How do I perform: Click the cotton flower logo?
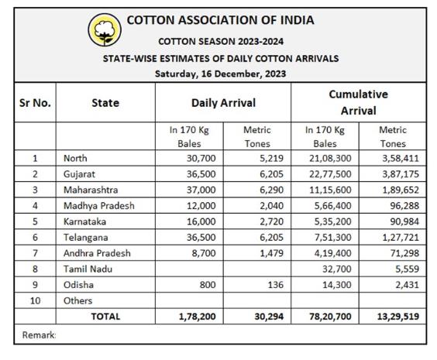[x=105, y=29]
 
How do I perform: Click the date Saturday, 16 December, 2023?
[x=221, y=74]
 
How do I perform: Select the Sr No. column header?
[x=35, y=103]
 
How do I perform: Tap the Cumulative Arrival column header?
[x=359, y=102]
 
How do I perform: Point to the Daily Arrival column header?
[x=223, y=103]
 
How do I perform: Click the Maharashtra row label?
[x=91, y=190]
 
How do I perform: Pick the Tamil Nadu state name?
[x=88, y=269]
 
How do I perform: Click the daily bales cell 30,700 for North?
[x=201, y=158]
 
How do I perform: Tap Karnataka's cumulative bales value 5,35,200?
[x=332, y=221]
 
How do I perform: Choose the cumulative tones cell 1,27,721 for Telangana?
[x=401, y=237]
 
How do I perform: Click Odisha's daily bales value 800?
[x=208, y=285]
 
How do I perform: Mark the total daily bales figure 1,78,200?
[x=197, y=317]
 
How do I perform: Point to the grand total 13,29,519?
[x=398, y=317]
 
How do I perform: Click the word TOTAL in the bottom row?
[x=105, y=317]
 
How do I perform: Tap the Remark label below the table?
[x=39, y=335]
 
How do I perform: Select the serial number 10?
[x=35, y=300]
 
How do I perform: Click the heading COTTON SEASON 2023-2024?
[x=221, y=42]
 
